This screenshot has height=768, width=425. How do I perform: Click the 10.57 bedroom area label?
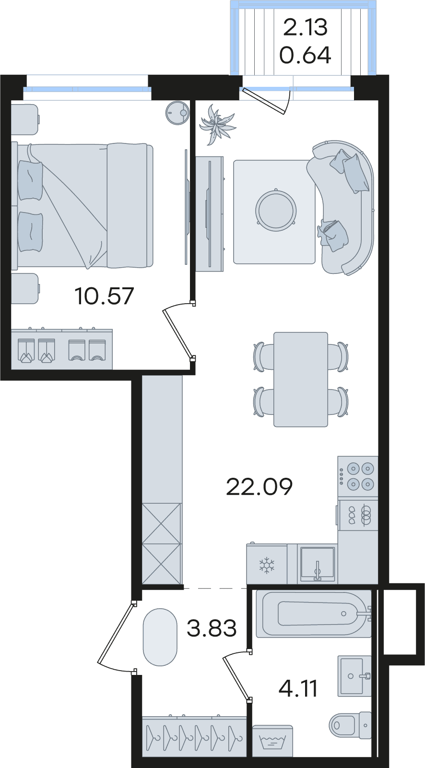[104, 296]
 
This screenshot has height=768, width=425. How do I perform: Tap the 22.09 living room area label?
[259, 486]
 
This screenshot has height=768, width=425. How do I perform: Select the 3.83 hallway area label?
[212, 628]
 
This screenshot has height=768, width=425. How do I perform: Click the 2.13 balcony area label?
[306, 27]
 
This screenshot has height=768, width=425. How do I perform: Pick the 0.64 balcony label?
[306, 55]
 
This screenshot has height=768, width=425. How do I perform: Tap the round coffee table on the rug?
[276, 210]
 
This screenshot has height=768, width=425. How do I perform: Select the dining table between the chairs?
[301, 379]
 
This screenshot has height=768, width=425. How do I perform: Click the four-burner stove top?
[358, 476]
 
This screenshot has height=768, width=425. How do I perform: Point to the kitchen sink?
[318, 564]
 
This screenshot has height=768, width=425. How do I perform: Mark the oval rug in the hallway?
[160, 637]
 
